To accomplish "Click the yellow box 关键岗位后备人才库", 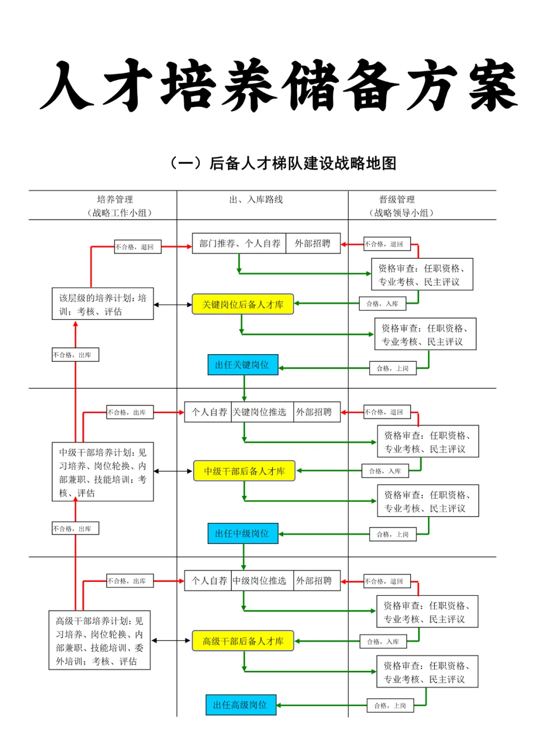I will [x=242, y=304].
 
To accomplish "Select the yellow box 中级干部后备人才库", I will [x=244, y=471].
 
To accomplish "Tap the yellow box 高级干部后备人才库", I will [x=243, y=641].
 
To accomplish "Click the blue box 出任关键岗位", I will [x=243, y=365].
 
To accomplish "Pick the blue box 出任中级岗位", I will [x=243, y=534].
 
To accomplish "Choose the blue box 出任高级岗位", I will [x=241, y=705].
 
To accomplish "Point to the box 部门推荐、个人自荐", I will [x=240, y=243].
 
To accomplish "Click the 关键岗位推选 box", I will [x=259, y=412].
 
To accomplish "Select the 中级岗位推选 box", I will [x=259, y=581].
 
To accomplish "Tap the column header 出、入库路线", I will [x=256, y=200].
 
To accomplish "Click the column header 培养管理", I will [x=115, y=200].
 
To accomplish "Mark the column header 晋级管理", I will [x=397, y=200].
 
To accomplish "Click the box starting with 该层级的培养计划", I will [x=102, y=304].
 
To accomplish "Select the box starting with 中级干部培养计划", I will [x=102, y=472].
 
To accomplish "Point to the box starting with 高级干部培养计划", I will [x=99, y=641].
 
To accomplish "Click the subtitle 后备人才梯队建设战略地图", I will [x=303, y=164].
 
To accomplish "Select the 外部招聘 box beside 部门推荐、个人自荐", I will [x=313, y=243].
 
